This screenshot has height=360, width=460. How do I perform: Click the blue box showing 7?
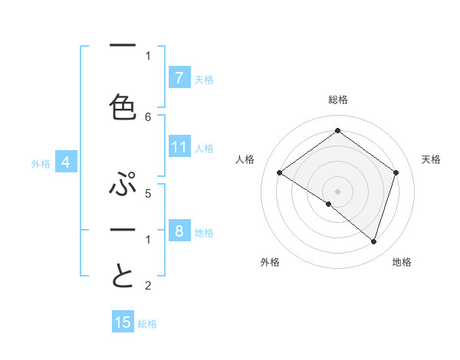pyautogui.click(x=179, y=78)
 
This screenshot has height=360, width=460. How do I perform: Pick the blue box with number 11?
pyautogui.click(x=179, y=148)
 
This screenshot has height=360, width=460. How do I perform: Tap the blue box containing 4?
pyautogui.click(x=66, y=162)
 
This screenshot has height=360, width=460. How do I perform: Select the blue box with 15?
pyautogui.click(x=123, y=322)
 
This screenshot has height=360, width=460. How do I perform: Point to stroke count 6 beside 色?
pyautogui.click(x=148, y=116)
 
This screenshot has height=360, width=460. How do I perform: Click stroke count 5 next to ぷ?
pyautogui.click(x=148, y=194)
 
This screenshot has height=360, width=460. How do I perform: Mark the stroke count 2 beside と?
pyautogui.click(x=148, y=286)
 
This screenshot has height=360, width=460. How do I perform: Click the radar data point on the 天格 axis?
pyautogui.click(x=396, y=172)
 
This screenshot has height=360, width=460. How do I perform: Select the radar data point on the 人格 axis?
pyautogui.click(x=279, y=172)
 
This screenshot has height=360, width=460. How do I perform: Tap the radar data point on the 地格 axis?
pyautogui.click(x=373, y=241)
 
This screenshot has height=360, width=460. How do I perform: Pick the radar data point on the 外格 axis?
pyautogui.click(x=328, y=204)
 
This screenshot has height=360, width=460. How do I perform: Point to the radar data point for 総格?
pyautogui.click(x=337, y=130)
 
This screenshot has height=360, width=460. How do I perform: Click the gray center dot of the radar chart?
pyautogui.click(x=337, y=191)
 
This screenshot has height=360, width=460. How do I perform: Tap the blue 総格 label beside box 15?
pyautogui.click(x=147, y=324)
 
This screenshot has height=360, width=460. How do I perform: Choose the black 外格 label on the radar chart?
pyautogui.click(x=270, y=262)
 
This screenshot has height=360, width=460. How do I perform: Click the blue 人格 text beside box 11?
pyautogui.click(x=204, y=149)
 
